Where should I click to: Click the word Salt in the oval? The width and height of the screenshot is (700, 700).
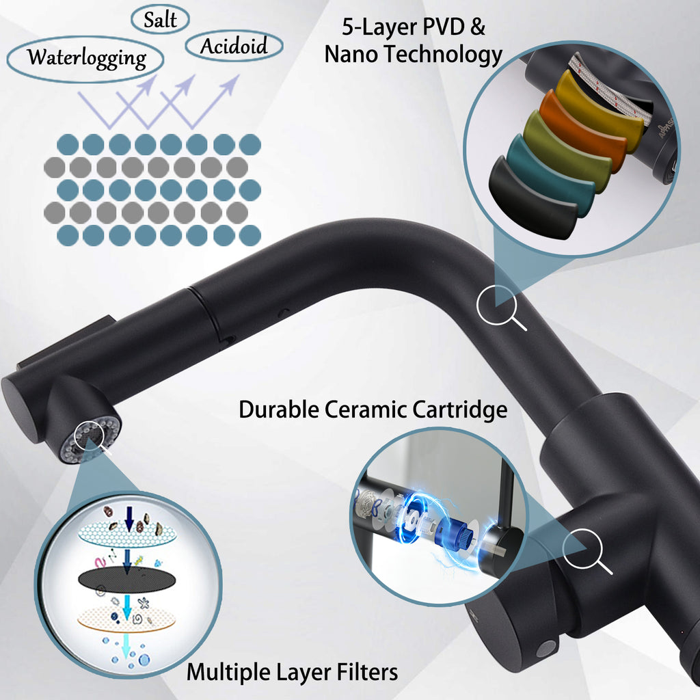(160, 20)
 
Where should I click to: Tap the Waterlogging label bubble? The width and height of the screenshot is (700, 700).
(85, 59)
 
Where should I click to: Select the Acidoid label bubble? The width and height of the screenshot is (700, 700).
(234, 46)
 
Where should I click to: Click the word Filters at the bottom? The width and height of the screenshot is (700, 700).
(367, 672)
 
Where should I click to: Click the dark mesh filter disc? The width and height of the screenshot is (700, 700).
(126, 580)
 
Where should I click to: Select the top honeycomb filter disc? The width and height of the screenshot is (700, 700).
(126, 534)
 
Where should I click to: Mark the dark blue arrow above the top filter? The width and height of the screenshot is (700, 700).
(129, 518)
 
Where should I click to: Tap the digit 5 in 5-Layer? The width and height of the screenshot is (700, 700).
(348, 27)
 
